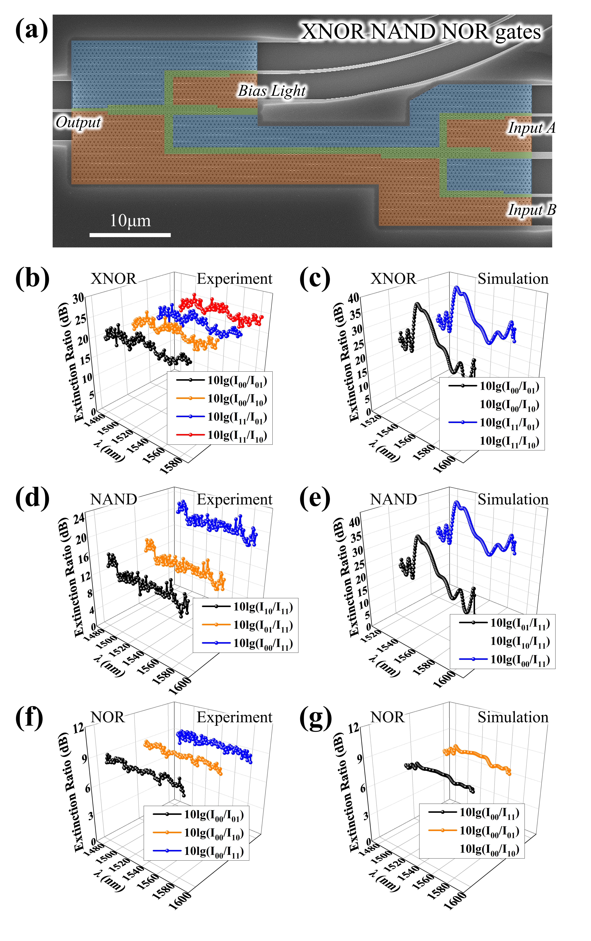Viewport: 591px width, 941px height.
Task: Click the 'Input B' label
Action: [532, 210]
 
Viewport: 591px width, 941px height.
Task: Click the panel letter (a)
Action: [31, 31]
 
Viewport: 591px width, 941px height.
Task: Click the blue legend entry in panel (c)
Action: [493, 422]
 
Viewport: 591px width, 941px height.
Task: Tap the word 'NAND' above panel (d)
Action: [113, 499]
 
